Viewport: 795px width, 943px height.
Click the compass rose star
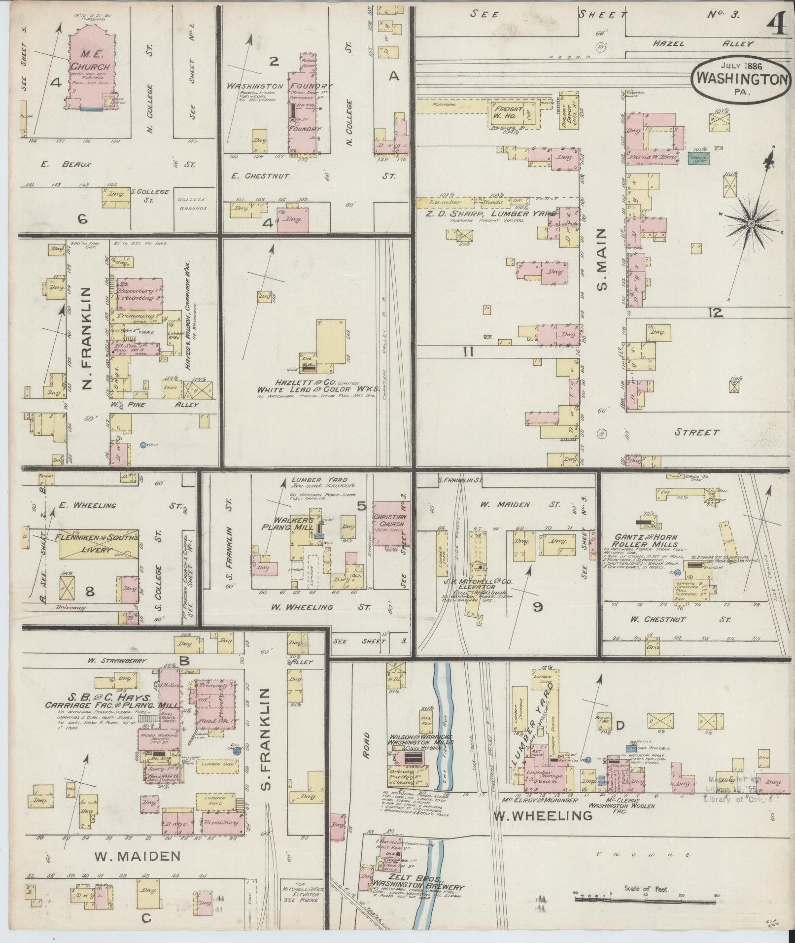(x=751, y=223)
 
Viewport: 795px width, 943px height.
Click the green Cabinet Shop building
(x=698, y=158)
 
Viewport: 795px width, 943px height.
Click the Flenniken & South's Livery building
(x=98, y=543)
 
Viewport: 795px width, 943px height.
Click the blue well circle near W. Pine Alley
(x=143, y=445)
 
